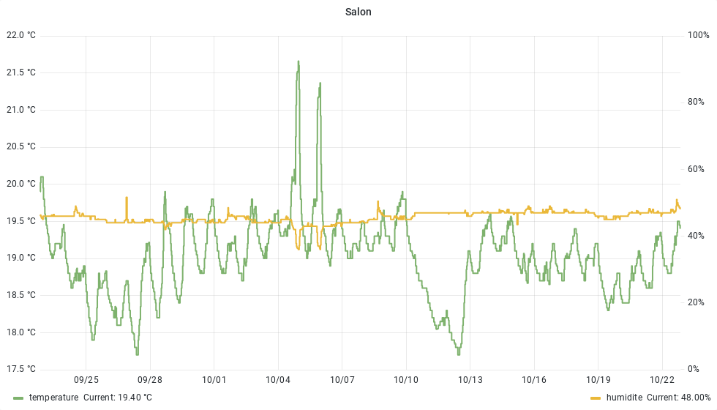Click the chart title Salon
358,12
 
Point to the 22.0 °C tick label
20,35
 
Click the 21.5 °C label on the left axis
20,72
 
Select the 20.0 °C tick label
20,184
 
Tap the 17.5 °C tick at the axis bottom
20,369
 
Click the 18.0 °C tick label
20,332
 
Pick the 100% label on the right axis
697,35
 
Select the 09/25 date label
86,380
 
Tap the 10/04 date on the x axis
278,380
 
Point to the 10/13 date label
470,380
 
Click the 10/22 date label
662,380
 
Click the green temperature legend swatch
18,398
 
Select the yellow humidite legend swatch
596,398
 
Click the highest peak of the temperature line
299,61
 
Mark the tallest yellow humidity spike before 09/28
127,198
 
